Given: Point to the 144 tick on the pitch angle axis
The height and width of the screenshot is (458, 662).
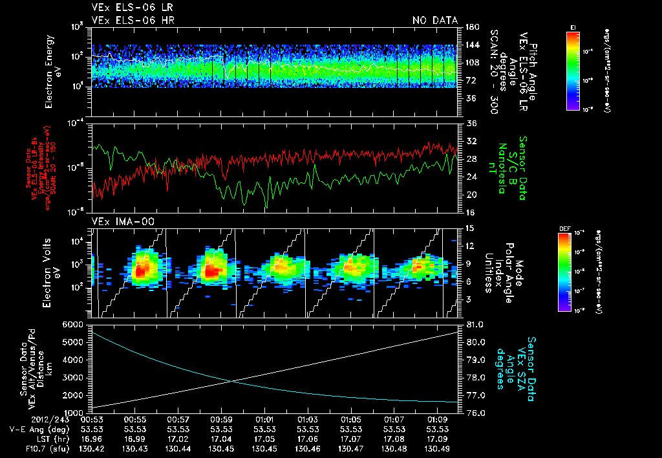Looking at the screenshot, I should coord(472,45).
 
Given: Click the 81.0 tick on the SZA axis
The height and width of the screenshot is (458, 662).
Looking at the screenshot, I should coord(476,324).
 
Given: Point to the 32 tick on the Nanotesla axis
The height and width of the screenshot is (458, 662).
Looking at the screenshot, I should coord(471,141).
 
